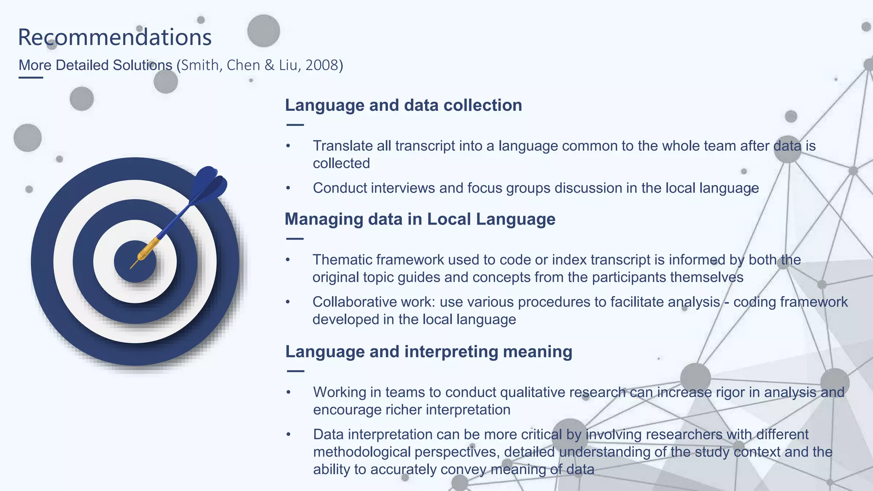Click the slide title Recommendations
coord(115,37)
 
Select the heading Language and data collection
coord(403,105)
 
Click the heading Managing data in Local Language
coord(420,219)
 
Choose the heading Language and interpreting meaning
coord(428,352)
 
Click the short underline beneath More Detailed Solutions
coord(31,78)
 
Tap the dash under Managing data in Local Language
coord(295,239)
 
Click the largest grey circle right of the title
coord(263,31)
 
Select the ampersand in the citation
coord(269,65)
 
